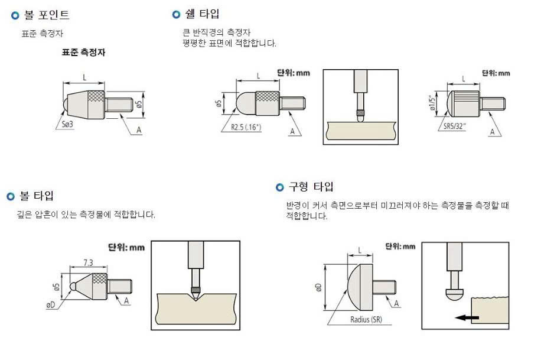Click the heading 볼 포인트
coord(47,15)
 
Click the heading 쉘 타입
coord(202,14)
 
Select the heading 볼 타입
coord(37,196)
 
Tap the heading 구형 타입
coord(311,187)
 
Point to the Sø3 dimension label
coord(67,124)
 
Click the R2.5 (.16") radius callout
coord(246,127)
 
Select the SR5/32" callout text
coord(455,126)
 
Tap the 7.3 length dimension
coord(89,262)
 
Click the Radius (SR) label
coord(366,320)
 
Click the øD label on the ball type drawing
coord(51,304)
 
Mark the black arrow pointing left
coord(467,317)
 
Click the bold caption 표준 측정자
coord(83,52)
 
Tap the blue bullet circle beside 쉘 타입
coord(176,14)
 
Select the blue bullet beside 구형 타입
coord(280,187)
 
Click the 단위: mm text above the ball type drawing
coord(126,247)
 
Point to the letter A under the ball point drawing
coord(139,130)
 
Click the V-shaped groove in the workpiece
coord(195,297)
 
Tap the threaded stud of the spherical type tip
coord(384,288)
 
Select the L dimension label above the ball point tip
coord(84,77)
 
